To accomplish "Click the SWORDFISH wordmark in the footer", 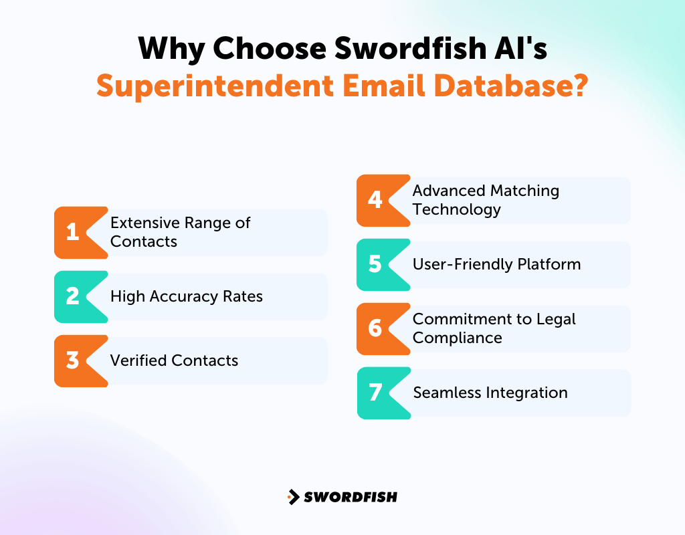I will coord(351,497).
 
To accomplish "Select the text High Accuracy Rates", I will coord(187,296).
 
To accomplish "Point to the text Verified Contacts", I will coord(174,360).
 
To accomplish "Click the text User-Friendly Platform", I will coord(496,264).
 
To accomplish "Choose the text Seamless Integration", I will coord(490,393).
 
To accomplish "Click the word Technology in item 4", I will coord(456,209).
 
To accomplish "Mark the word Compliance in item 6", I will coord(457,338).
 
